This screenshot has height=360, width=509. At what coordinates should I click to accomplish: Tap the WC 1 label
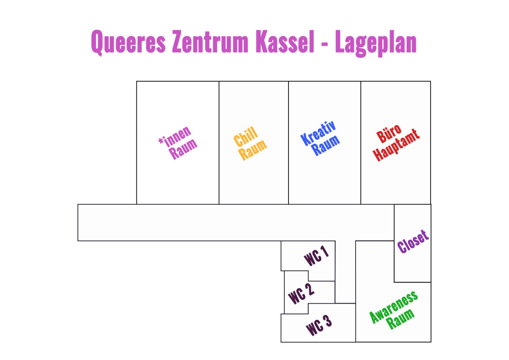pos(317,256)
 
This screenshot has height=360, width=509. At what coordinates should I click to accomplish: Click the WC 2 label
pos(301,294)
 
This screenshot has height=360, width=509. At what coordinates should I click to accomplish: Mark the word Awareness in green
pos(393,307)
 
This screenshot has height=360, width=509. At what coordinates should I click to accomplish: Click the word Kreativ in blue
pos(318,133)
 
